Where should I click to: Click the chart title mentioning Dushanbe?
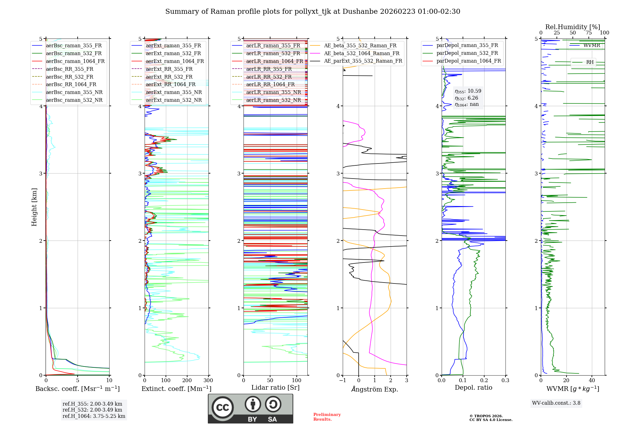pos(313,12)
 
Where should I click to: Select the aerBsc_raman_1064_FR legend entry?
pos(75,61)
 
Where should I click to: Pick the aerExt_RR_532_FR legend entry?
pos(169,77)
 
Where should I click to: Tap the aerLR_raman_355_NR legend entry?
pos(273,92)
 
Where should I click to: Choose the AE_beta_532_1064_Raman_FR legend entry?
pos(362,53)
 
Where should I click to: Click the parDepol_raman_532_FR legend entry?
pos(467,53)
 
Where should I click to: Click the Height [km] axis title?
pos(34,207)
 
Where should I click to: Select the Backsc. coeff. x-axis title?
pos(78,389)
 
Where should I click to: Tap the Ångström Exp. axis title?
pos(375,389)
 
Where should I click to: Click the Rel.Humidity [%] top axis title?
pos(572,27)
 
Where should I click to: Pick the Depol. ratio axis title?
pos(473,388)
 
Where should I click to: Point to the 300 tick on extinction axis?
pos(208,381)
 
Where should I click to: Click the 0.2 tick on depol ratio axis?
pos(484,381)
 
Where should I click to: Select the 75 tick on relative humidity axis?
pos(589,33)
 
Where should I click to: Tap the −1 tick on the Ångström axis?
pos(342,381)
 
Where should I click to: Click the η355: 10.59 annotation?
pos(468,91)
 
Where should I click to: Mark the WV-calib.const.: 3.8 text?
pos(556,403)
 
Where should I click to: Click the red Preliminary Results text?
pos(327,417)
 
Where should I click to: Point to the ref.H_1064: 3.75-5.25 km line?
pos(94,416)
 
